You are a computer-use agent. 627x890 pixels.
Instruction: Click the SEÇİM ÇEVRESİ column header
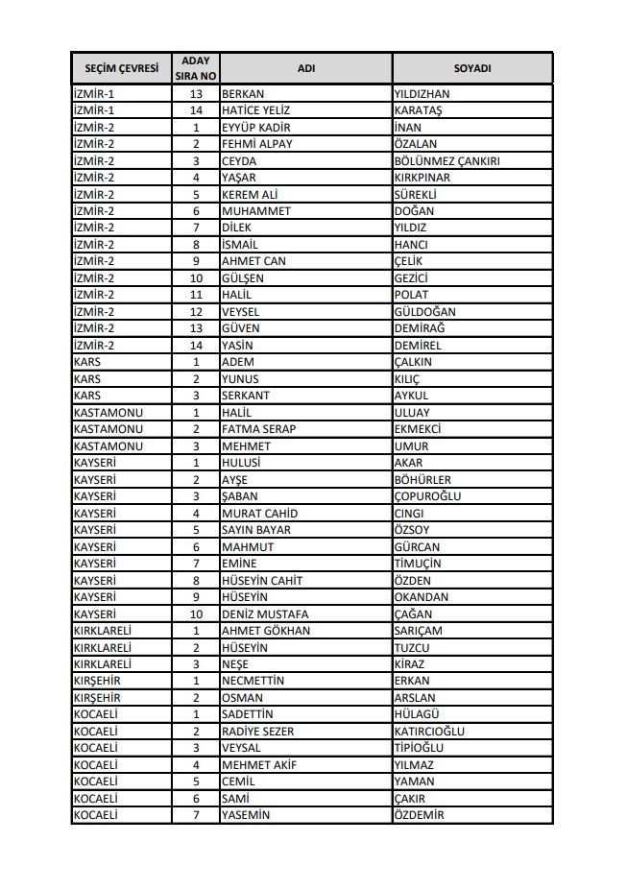[121, 69]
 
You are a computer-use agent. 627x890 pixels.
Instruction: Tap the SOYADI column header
[471, 69]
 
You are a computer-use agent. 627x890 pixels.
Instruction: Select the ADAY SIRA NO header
[195, 69]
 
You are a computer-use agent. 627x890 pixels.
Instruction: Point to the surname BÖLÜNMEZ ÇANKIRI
[446, 161]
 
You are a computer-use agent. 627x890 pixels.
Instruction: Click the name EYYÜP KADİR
[255, 128]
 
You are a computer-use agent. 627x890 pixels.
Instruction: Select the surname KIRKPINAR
[422, 178]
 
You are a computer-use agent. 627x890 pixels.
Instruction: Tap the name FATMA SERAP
[254, 429]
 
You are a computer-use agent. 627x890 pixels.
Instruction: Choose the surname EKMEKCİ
[419, 429]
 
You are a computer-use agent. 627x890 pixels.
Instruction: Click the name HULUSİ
[241, 463]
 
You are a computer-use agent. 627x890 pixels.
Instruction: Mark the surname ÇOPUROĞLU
[427, 496]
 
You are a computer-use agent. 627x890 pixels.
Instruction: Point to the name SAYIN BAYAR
[255, 530]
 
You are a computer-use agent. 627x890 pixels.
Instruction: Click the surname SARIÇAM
[420, 631]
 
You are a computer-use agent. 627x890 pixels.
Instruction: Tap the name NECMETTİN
[253, 681]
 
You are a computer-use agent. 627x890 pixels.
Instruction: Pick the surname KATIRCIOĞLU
[429, 732]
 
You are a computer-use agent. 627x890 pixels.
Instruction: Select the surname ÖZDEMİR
[419, 816]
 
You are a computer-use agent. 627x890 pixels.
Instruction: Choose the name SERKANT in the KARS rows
[244, 396]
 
